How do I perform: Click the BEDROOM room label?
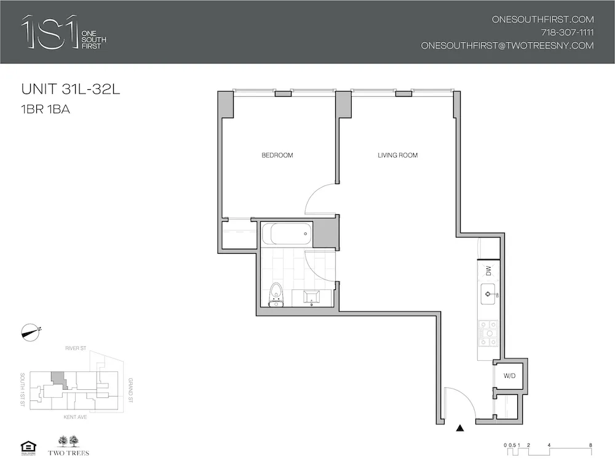pyautogui.click(x=277, y=155)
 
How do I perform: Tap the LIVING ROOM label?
pyautogui.click(x=397, y=155)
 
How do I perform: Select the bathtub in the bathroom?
pyautogui.click(x=286, y=234)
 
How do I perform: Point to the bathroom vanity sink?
pyautogui.click(x=311, y=297)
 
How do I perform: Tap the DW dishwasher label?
pyautogui.click(x=489, y=269)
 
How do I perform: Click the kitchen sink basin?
pyautogui.click(x=489, y=295)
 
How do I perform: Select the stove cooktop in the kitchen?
pyautogui.click(x=488, y=333)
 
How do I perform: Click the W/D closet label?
pyautogui.click(x=509, y=375)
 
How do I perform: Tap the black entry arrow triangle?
pyautogui.click(x=459, y=429)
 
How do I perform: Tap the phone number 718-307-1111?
pyautogui.click(x=567, y=33)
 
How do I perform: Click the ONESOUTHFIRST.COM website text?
pyautogui.click(x=542, y=19)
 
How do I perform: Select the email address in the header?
pyautogui.click(x=507, y=46)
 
